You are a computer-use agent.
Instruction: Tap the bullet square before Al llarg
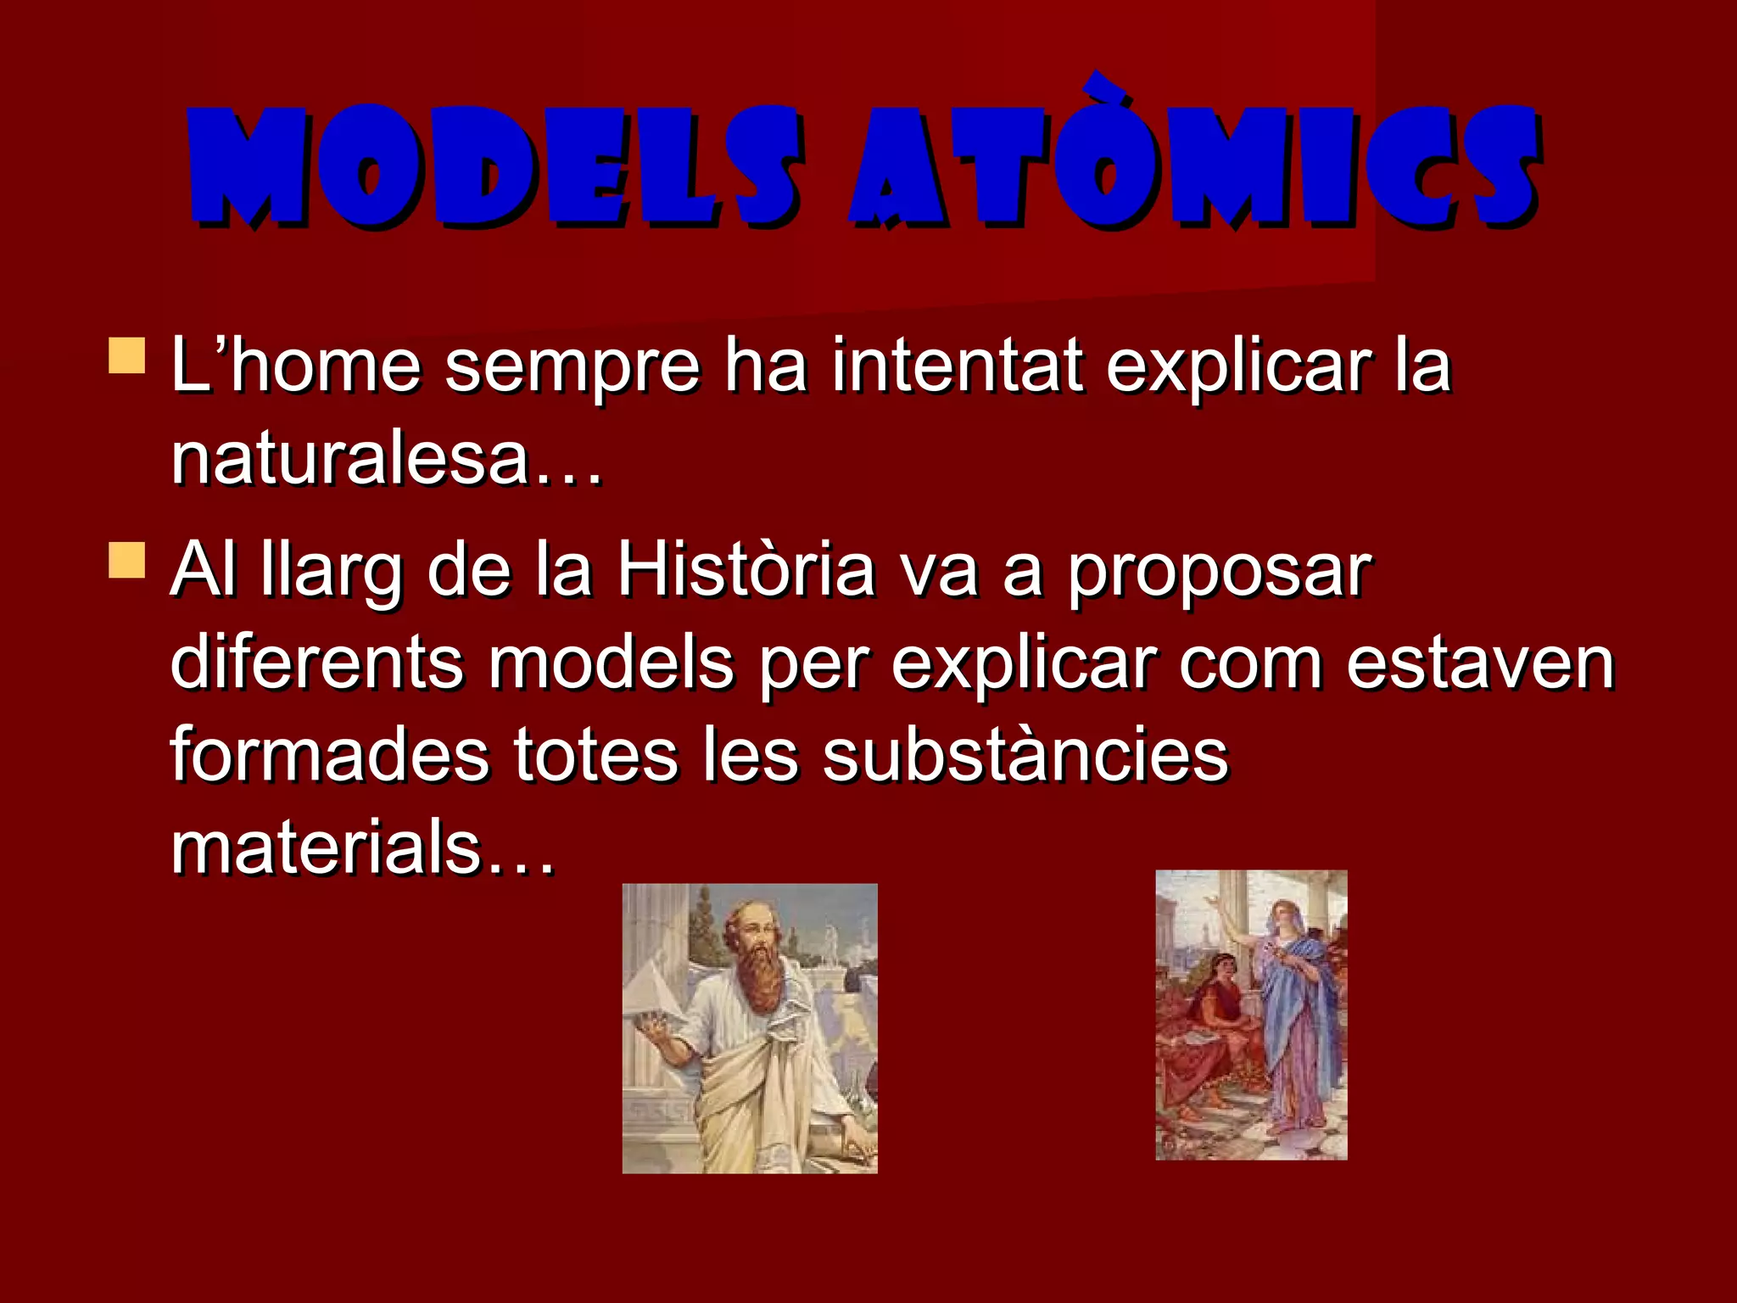[127, 561]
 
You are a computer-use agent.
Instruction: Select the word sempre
[572, 366]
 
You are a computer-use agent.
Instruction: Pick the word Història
[745, 570]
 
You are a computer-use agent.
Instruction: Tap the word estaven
[1480, 663]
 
